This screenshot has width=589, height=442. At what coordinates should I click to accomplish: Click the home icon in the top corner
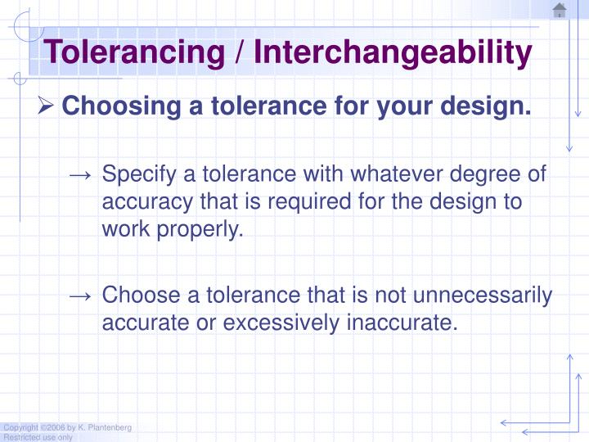click(560, 11)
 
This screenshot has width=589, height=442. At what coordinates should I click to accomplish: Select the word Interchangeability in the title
click(393, 53)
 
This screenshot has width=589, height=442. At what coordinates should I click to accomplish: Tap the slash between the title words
click(241, 53)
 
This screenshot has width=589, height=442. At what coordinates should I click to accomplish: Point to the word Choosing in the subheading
click(111, 106)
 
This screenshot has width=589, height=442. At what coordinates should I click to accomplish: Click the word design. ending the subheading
click(494, 106)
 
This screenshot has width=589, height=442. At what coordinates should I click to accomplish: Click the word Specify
click(136, 175)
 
